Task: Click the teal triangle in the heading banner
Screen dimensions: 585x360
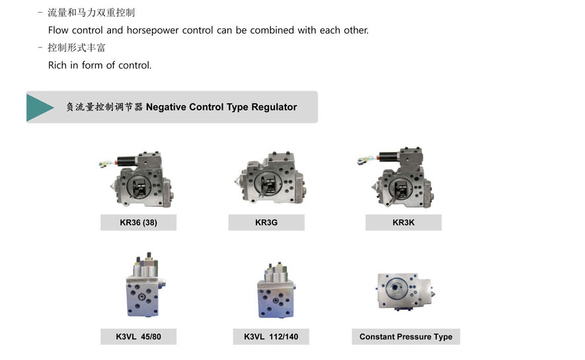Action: pyautogui.click(x=38, y=107)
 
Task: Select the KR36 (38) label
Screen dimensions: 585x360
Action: pyautogui.click(x=138, y=223)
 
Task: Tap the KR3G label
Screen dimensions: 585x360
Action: pyautogui.click(x=266, y=223)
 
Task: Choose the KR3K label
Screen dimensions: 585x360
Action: pyautogui.click(x=403, y=223)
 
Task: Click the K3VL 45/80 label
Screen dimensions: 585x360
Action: pyautogui.click(x=138, y=336)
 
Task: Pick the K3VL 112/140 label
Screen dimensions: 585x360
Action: pyautogui.click(x=271, y=336)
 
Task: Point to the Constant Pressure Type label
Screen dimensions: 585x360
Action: pyautogui.click(x=406, y=336)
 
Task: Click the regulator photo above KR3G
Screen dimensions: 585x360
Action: pyautogui.click(x=270, y=178)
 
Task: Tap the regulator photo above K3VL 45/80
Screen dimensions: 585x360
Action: pyautogui.click(x=145, y=285)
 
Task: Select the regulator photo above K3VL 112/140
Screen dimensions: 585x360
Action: pyautogui.click(x=276, y=290)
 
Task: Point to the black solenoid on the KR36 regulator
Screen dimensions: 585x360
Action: pyautogui.click(x=128, y=161)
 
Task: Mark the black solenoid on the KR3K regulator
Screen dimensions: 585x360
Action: pyautogui.click(x=389, y=156)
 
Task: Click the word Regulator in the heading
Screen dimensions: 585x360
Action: pyautogui.click(x=274, y=107)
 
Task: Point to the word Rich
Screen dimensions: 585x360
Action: pyautogui.click(x=58, y=65)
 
